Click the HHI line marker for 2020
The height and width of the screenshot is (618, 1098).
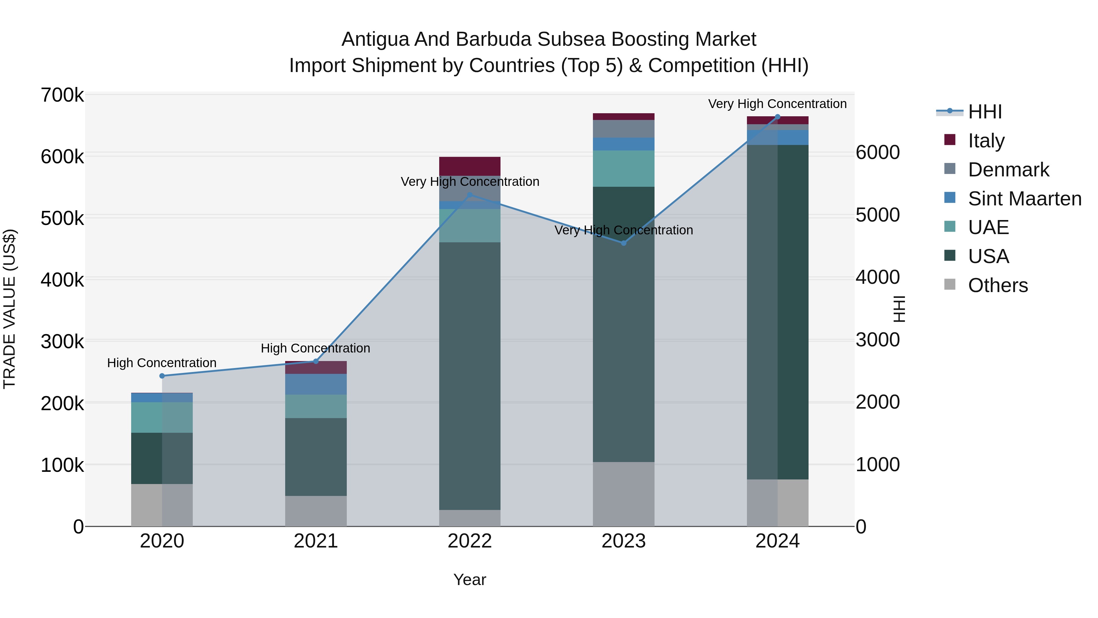pos(162,376)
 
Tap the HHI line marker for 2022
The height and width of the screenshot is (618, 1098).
pos(470,195)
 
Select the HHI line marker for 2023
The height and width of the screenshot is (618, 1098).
pos(624,243)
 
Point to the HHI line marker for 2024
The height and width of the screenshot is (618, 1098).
pos(777,117)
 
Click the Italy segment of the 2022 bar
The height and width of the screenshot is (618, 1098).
pos(470,166)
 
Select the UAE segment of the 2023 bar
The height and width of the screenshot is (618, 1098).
pos(624,168)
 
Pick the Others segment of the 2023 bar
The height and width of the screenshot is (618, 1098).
pos(624,494)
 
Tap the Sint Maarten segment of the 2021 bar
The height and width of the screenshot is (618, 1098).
pos(316,384)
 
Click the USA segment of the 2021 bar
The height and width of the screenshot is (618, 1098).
pos(316,457)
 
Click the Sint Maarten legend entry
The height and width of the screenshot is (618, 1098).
pos(1024,199)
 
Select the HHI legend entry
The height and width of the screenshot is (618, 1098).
pos(985,112)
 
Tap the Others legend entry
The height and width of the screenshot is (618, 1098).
pos(997,285)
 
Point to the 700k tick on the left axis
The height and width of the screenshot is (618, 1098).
pos(62,95)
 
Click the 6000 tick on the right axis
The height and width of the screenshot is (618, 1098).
pos(877,152)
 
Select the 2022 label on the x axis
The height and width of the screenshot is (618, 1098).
pos(470,541)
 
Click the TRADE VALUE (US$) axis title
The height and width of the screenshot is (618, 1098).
pos(9,309)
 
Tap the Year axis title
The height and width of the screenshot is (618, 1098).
pos(470,580)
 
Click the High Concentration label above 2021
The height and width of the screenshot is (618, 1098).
pos(315,349)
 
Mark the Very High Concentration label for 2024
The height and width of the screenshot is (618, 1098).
pos(777,104)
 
